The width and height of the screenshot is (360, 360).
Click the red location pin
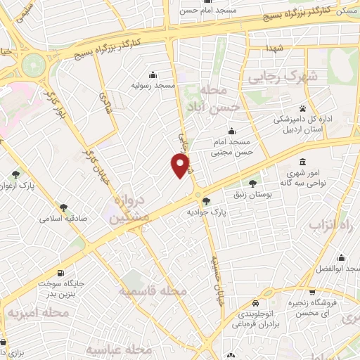coord(181,165)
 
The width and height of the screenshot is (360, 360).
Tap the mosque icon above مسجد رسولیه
coord(153,75)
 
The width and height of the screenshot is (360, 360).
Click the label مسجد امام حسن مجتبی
coord(233,147)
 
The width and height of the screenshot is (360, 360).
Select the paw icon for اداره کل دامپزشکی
coord(302,109)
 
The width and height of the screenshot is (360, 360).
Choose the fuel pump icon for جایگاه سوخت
coord(61,273)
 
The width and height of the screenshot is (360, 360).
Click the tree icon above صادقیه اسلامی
coord(63,207)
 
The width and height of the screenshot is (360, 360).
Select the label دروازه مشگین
coord(128,212)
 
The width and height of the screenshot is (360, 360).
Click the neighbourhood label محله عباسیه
coord(120,349)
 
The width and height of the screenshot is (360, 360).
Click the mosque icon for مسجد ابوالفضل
coord(341,257)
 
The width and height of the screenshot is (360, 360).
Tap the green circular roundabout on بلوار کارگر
coord(33,67)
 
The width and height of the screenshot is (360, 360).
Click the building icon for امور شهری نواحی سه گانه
coord(302,161)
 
